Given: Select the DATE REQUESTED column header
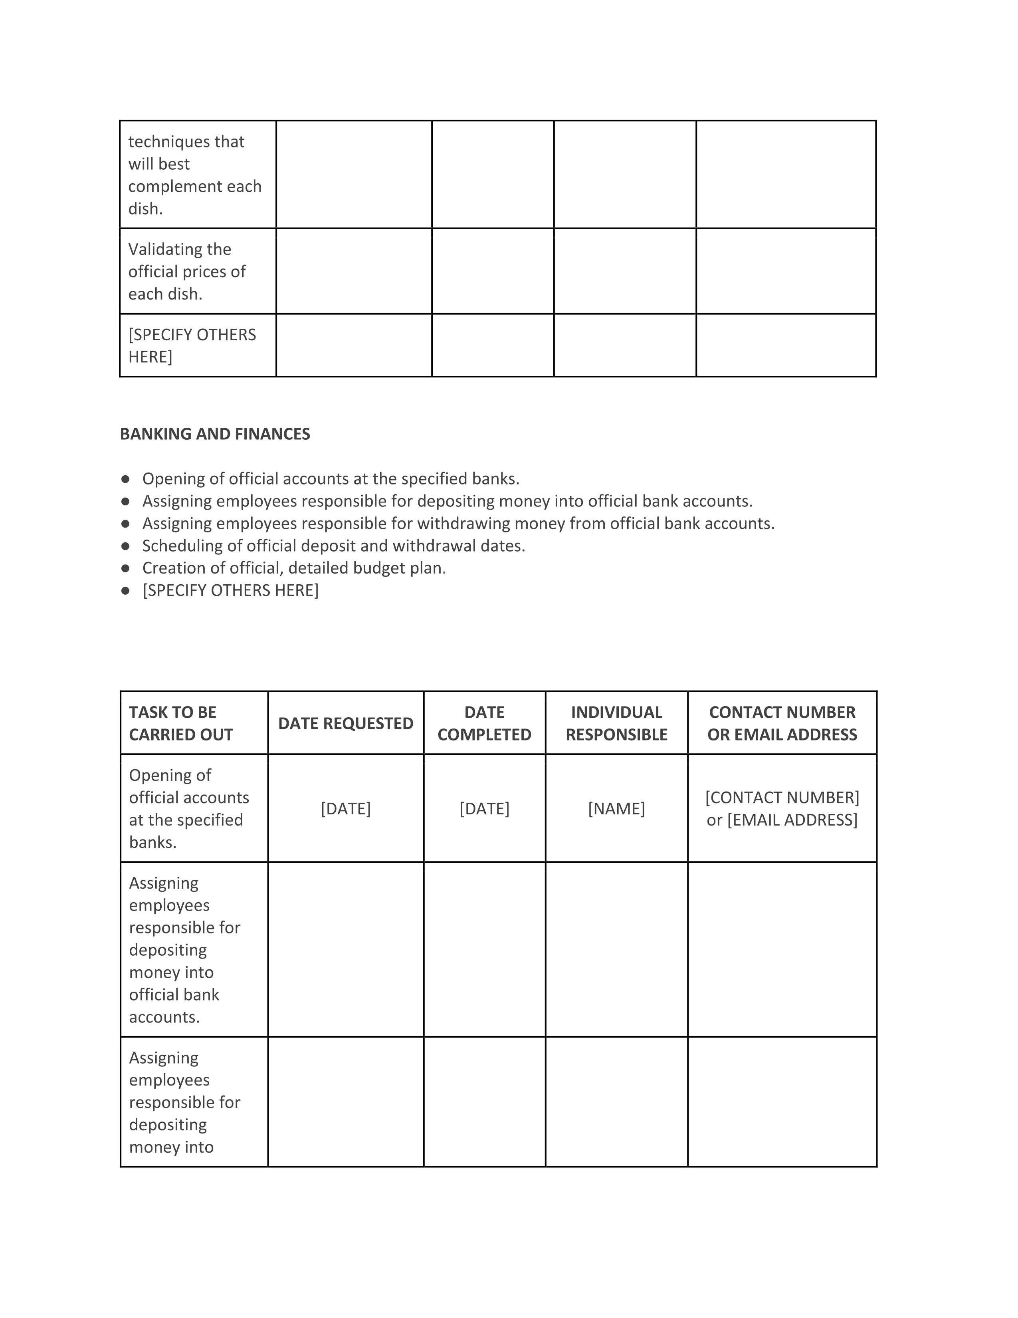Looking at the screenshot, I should tap(346, 724).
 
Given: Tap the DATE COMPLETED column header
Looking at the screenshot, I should tap(484, 724).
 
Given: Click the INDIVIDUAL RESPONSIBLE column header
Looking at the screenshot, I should tap(616, 724).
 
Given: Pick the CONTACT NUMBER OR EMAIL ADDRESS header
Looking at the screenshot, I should tap(782, 724).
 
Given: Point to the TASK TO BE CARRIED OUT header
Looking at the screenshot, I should tap(181, 724).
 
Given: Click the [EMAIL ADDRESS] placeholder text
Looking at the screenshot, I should tap(792, 820).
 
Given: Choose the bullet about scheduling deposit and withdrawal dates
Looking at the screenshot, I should tap(333, 546).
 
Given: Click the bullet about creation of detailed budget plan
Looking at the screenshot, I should tap(294, 568).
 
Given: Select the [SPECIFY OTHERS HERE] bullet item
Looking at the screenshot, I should tap(230, 590).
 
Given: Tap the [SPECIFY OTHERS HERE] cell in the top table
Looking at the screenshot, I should tap(192, 346).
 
